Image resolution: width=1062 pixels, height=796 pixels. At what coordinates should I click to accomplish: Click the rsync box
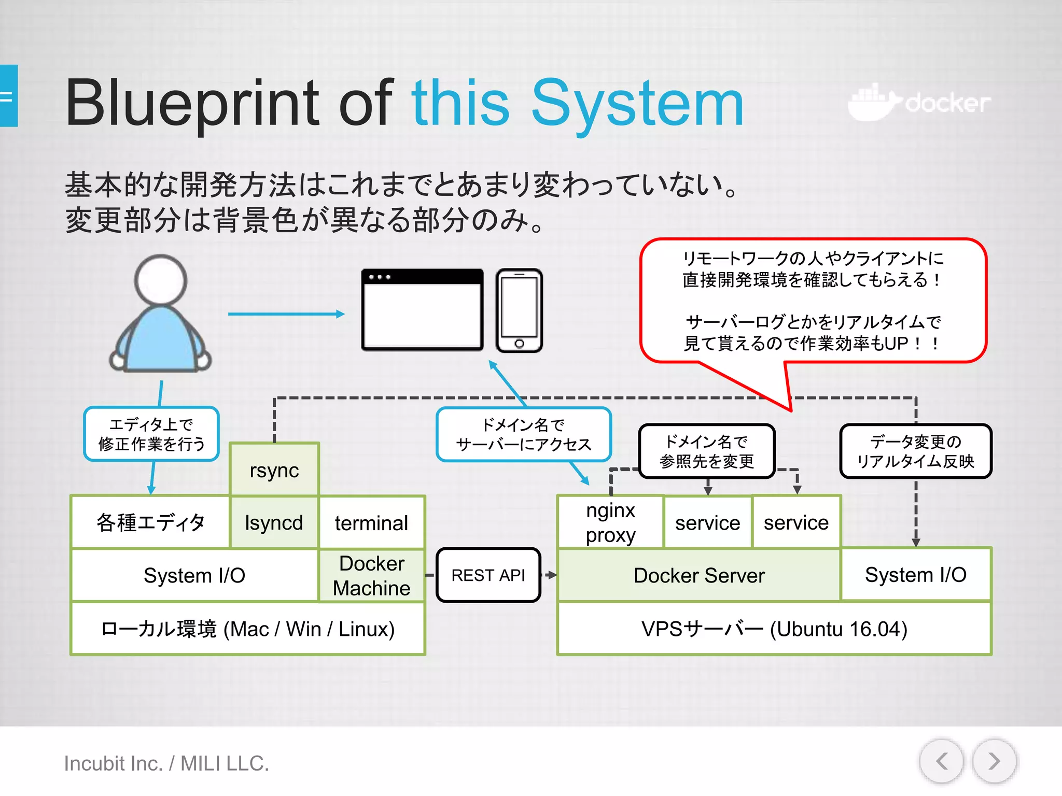pyautogui.click(x=274, y=470)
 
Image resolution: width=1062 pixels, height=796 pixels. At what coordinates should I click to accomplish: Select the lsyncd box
pyautogui.click(x=274, y=522)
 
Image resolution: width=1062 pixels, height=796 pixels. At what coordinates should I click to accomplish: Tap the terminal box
pyautogui.click(x=371, y=522)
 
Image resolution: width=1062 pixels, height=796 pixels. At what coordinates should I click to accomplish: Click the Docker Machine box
pyautogui.click(x=371, y=575)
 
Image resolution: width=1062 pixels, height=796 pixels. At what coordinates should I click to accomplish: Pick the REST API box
pyautogui.click(x=488, y=575)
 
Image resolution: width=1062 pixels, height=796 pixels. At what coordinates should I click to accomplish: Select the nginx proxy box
pyautogui.click(x=610, y=522)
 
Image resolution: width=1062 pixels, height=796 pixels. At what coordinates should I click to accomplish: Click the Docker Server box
pyautogui.click(x=698, y=575)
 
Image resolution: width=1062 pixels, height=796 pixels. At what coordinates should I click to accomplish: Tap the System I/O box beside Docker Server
pyautogui.click(x=915, y=574)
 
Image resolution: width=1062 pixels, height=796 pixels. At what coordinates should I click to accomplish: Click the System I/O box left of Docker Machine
pyautogui.click(x=194, y=575)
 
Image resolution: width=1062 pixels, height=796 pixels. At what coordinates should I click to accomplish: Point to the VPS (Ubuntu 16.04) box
pyautogui.click(x=774, y=629)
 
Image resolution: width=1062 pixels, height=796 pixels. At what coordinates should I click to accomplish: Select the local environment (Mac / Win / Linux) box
pyautogui.click(x=248, y=629)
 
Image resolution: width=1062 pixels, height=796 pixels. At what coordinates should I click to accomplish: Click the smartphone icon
pyautogui.click(x=519, y=310)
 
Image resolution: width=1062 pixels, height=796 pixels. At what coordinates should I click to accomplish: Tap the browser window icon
pyautogui.click(x=422, y=310)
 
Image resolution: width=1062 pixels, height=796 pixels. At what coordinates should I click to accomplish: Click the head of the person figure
pyautogui.click(x=160, y=280)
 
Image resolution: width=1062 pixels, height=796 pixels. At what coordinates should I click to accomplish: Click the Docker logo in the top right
pyautogui.click(x=919, y=103)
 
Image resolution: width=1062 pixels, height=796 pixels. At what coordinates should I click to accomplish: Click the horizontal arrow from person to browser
pyautogui.click(x=286, y=314)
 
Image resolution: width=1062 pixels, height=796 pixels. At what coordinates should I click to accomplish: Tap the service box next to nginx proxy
pyautogui.click(x=707, y=522)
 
